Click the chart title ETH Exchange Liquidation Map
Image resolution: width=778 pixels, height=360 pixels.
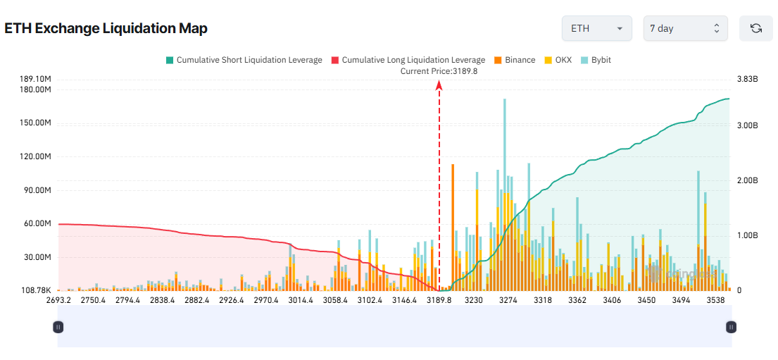[106, 28]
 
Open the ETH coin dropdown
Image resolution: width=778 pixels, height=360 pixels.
[596, 28]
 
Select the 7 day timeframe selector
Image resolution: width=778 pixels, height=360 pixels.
[685, 28]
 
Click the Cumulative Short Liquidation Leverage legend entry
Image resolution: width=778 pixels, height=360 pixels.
[244, 60]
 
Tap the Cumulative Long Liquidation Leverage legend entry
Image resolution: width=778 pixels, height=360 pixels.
[408, 60]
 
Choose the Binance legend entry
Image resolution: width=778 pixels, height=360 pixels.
[515, 60]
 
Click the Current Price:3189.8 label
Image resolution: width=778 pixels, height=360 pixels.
[439, 71]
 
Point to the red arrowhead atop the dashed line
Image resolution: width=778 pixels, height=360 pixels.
[439, 85]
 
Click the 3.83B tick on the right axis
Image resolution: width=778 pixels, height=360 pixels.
[747, 79]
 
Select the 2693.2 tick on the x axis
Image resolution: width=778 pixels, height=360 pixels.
[58, 300]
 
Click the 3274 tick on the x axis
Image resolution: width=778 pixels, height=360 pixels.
[508, 300]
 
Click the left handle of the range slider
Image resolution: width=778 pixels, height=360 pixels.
[58, 326]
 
